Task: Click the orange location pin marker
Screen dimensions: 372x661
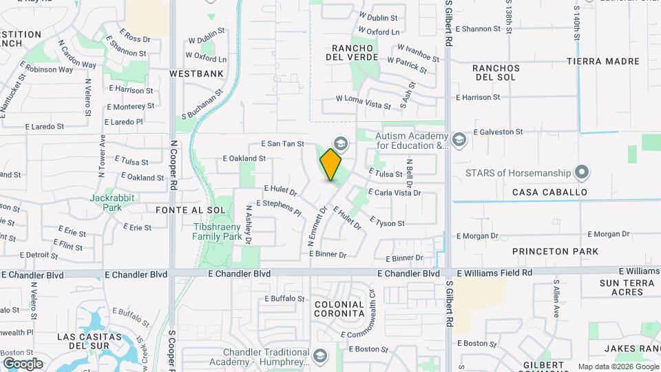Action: click(331, 165)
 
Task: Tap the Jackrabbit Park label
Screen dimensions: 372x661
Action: click(105, 202)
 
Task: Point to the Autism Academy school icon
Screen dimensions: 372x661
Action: click(460, 141)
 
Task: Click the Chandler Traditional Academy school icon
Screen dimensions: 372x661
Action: click(319, 356)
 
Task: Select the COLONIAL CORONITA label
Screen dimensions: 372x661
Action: click(339, 309)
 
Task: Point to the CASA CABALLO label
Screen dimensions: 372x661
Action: click(549, 192)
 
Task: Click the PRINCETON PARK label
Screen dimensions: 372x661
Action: click(555, 252)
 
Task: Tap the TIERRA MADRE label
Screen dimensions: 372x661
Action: click(603, 61)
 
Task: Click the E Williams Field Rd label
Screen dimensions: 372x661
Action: click(494, 273)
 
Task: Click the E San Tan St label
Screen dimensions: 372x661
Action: click(282, 143)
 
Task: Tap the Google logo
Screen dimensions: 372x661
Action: click(23, 364)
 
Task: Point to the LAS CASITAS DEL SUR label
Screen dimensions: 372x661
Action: click(90, 342)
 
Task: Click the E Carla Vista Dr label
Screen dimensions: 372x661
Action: click(394, 193)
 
